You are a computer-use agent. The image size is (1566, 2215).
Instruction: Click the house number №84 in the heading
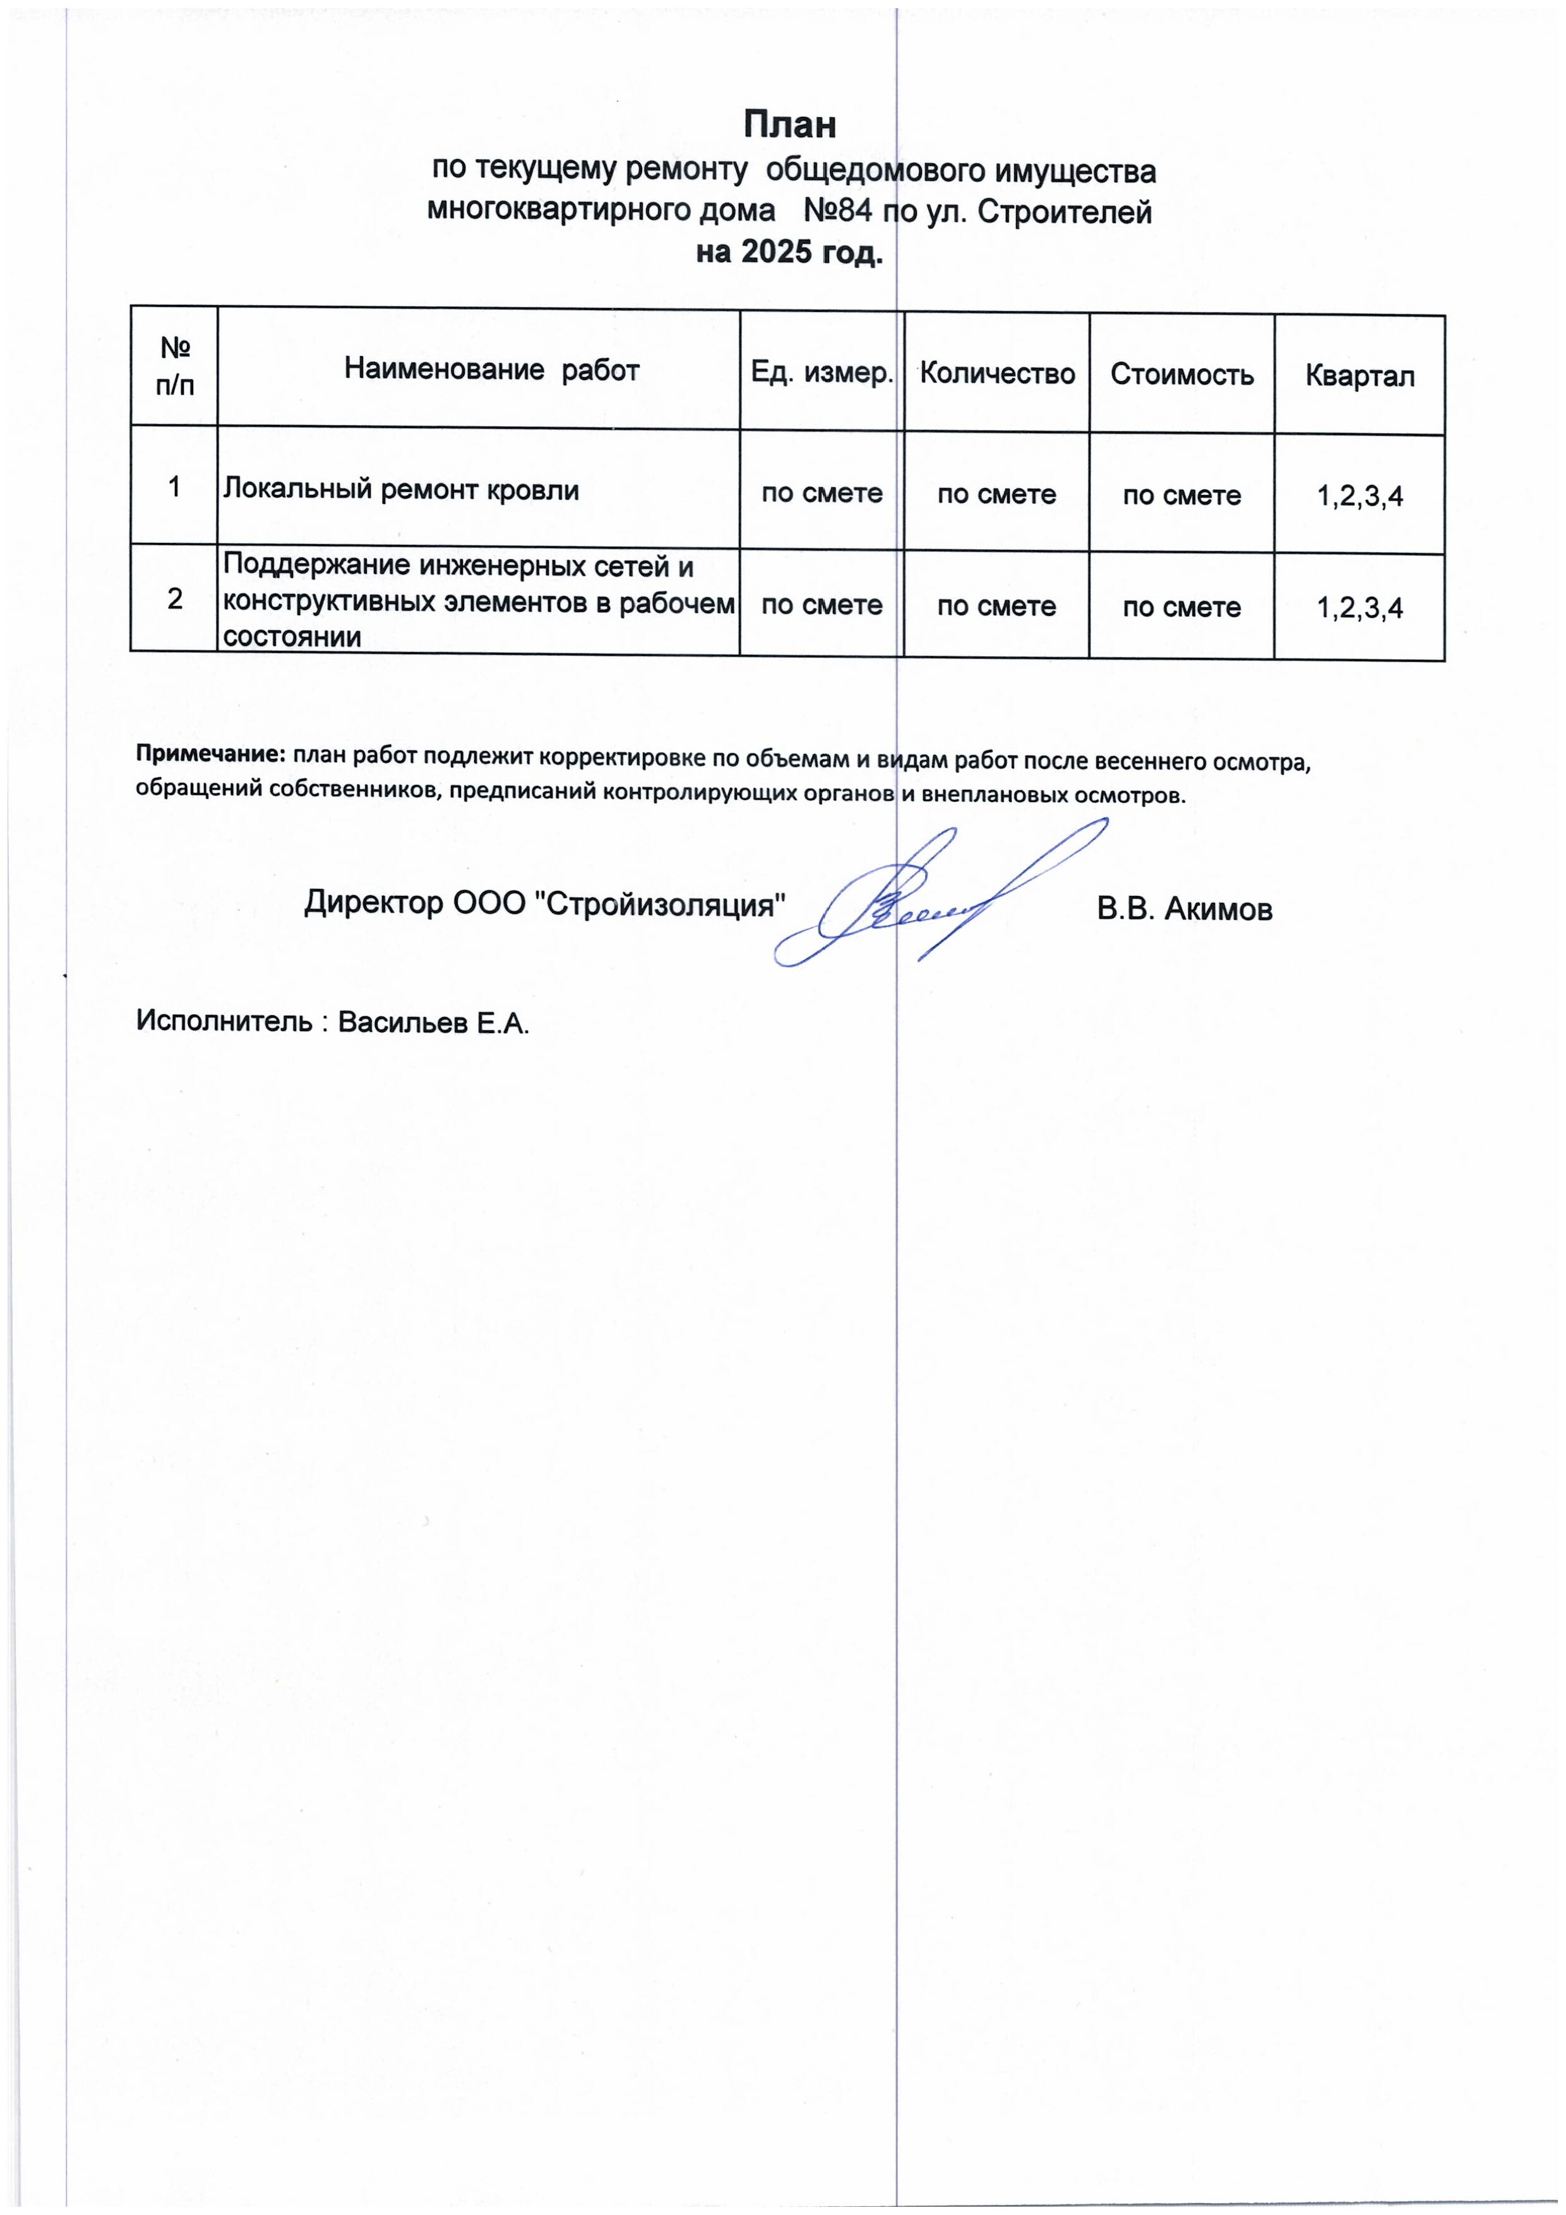(x=837, y=212)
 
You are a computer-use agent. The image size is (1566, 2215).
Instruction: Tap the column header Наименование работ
(x=491, y=369)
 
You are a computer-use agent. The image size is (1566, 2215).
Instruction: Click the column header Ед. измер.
(x=822, y=373)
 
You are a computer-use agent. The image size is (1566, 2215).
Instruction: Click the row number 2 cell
(x=175, y=598)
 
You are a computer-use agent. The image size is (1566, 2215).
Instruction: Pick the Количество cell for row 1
(x=996, y=494)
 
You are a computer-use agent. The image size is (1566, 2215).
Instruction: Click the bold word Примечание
(x=210, y=753)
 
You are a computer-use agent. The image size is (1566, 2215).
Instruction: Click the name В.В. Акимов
(x=1184, y=909)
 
